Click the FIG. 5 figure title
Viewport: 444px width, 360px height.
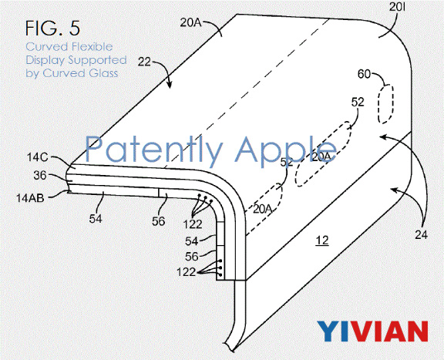52,28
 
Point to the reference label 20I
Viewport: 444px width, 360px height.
398,8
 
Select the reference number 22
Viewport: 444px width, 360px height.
144,62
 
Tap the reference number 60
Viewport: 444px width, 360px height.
364,74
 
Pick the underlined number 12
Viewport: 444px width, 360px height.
321,241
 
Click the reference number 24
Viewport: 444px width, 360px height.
422,235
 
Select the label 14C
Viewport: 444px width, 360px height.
38,157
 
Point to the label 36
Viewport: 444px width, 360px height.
40,175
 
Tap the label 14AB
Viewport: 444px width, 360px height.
30,198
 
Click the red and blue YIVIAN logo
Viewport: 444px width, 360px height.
372,331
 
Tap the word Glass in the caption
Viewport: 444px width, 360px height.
103,73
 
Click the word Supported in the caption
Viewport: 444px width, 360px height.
97,60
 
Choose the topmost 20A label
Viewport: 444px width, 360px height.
190,22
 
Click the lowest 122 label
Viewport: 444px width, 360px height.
186,272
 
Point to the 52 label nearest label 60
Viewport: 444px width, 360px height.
358,102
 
